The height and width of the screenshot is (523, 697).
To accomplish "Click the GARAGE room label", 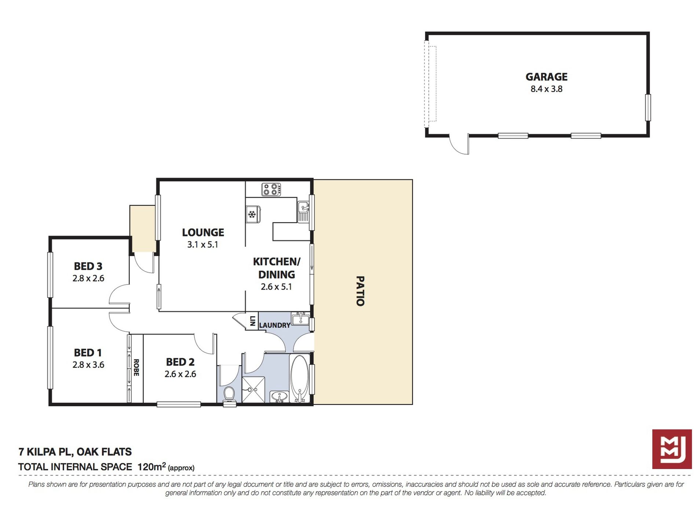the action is (x=546, y=77).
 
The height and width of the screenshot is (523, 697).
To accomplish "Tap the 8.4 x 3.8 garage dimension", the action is (x=546, y=89).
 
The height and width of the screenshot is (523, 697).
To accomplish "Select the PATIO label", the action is (x=360, y=291).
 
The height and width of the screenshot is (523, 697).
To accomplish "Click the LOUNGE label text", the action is (x=203, y=232).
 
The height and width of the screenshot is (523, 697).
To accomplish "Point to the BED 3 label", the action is (x=88, y=266).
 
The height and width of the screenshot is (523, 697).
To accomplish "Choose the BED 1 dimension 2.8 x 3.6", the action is (x=88, y=364).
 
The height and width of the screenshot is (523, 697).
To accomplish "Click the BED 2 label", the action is (x=180, y=362).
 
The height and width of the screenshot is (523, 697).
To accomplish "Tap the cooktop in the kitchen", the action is (x=271, y=189).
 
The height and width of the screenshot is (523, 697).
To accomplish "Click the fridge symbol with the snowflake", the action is (x=253, y=214).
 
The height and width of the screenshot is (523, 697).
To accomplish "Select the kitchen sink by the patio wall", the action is (x=303, y=211).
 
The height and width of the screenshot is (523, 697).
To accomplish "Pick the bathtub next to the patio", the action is (x=299, y=379).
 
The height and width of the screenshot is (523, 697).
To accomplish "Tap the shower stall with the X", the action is (x=253, y=389).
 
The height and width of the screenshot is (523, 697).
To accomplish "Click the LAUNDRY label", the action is (x=274, y=325).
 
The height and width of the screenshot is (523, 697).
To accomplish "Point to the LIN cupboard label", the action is (x=252, y=321).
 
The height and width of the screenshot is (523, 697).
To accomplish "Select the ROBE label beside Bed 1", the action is (x=136, y=367).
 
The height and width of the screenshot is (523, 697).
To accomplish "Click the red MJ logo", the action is (x=672, y=449).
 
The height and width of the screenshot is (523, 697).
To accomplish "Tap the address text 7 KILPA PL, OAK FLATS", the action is (x=75, y=452).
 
